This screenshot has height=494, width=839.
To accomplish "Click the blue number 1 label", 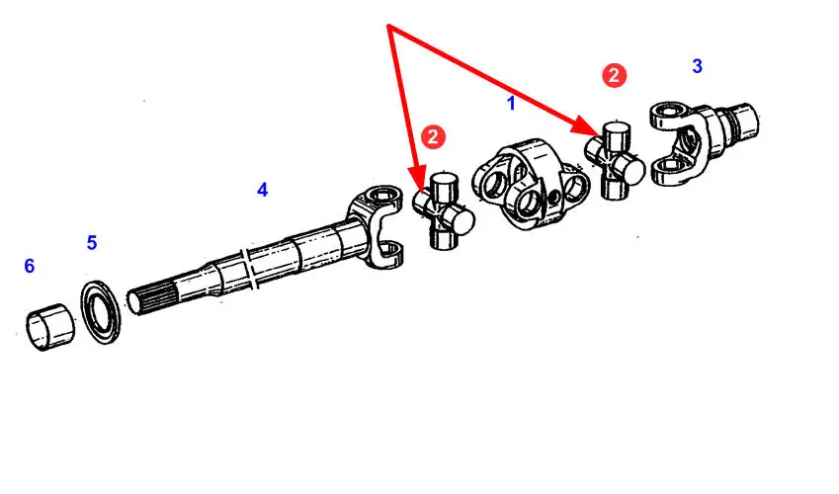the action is coord(511,104).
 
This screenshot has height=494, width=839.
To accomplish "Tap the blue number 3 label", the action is coord(697,66).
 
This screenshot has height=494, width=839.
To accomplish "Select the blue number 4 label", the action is coord(262,190).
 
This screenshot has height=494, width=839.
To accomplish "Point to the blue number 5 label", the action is coord(92,243).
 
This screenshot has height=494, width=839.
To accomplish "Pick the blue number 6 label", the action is coord(30,266).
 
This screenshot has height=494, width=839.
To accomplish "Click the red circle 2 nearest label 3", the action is coord(614,75).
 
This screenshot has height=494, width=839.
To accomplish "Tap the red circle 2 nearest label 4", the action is coord(432,137).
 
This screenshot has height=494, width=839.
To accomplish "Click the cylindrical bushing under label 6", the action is coord(50,326).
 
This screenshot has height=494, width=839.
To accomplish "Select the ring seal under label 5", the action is coord(101,311).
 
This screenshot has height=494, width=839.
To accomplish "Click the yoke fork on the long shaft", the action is coord(377,226).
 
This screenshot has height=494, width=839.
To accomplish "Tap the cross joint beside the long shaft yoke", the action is coord(444,210).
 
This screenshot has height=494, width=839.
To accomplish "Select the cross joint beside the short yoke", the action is coord(615,160).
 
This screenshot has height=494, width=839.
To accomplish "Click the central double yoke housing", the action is coord(531,184).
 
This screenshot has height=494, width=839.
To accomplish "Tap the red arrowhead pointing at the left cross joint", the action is coord(418,179).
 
